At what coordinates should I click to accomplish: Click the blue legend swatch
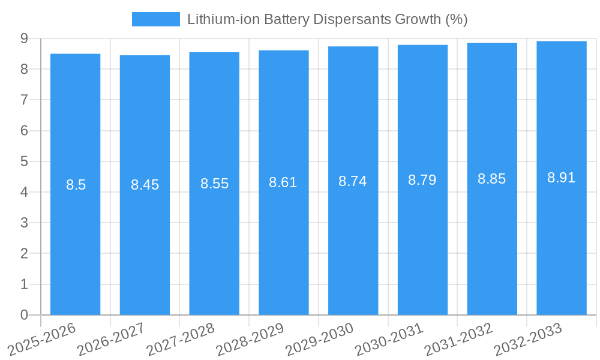coord(155,19)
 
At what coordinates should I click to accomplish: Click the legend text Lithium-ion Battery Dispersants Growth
coord(327,19)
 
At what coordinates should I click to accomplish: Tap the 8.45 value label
coord(145,185)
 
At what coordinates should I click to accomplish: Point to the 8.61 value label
coord(283,182)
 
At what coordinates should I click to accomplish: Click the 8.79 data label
coord(422,180)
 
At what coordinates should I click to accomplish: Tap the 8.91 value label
coord(562,178)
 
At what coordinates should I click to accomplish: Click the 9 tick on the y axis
coord(24,38)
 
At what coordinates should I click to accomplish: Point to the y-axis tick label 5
coord(24,161)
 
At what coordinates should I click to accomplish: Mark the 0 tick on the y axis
coord(24,315)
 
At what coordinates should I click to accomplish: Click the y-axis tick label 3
coord(24,223)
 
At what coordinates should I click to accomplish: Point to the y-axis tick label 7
coord(24,100)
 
